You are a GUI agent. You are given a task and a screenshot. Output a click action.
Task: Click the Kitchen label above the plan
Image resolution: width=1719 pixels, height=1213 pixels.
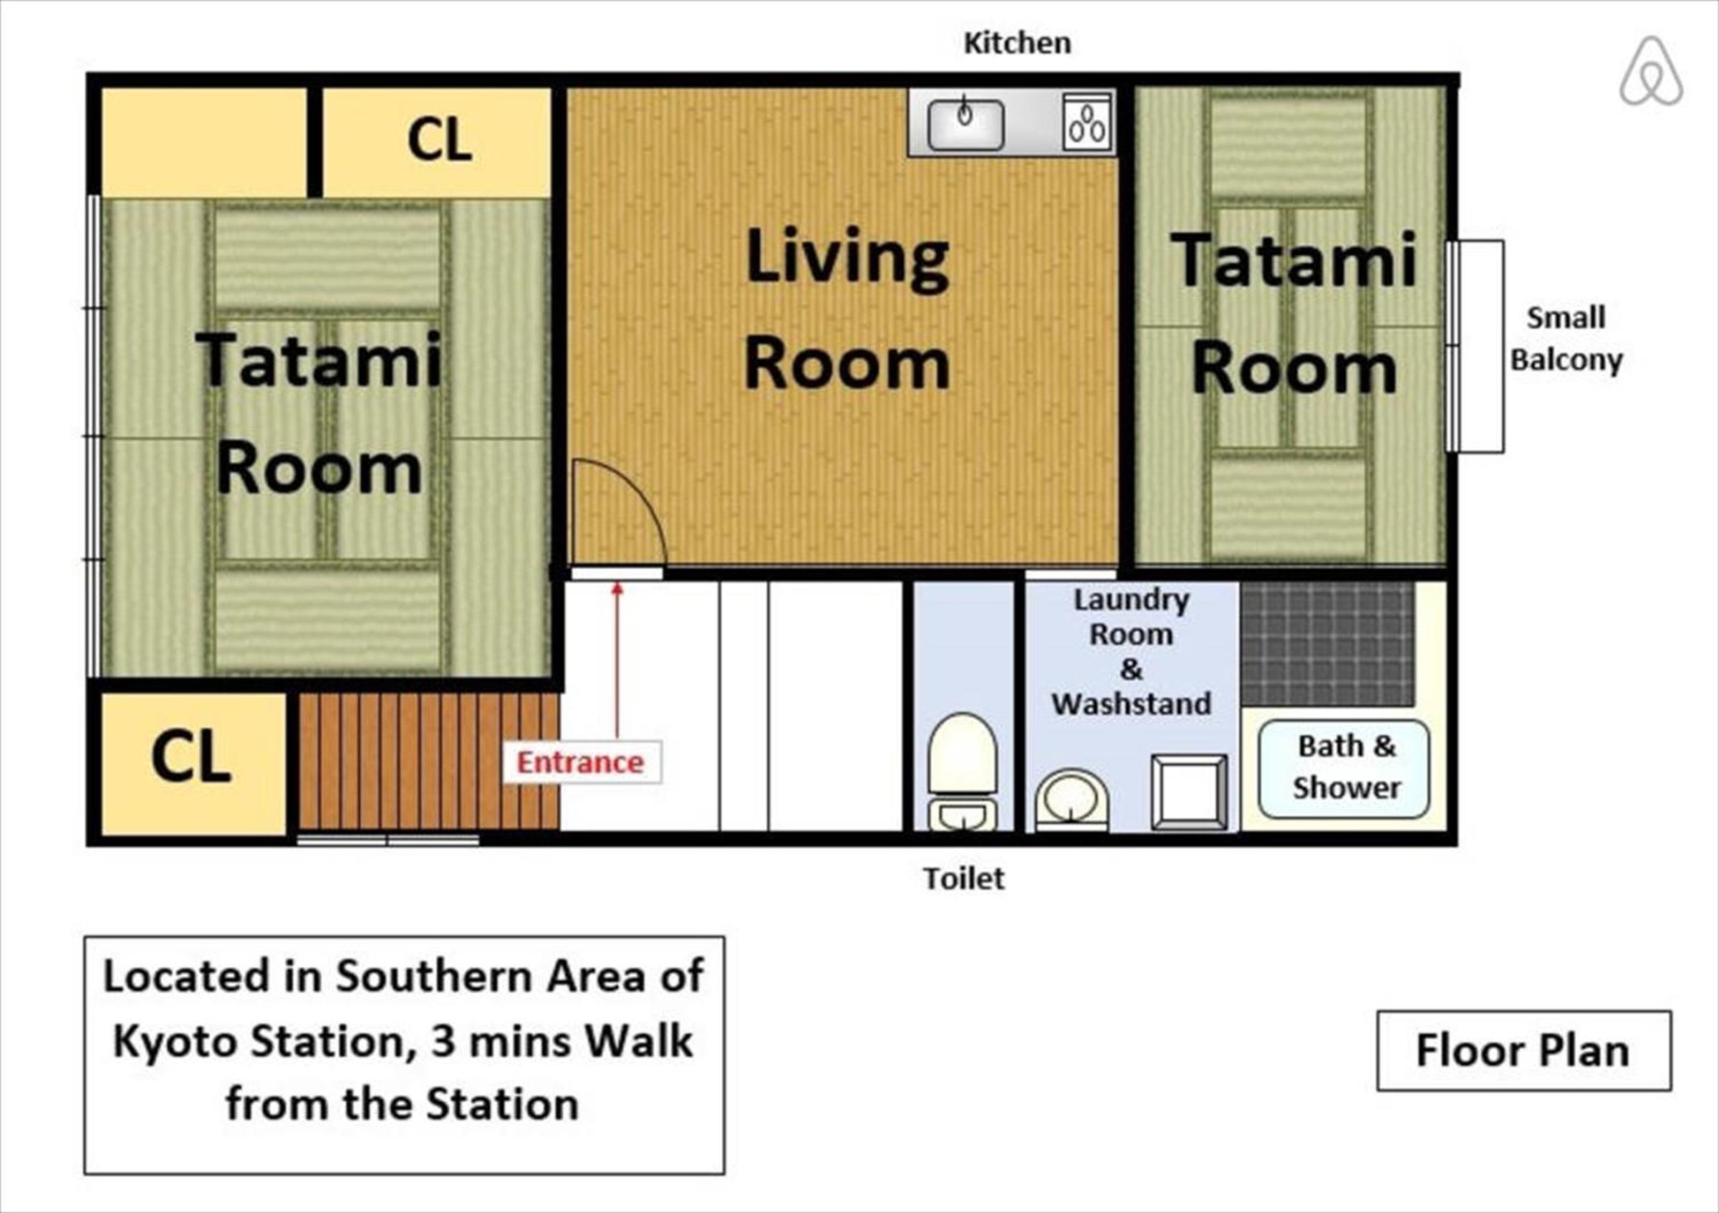(1017, 44)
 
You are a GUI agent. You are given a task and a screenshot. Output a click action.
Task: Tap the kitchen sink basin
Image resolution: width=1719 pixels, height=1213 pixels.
(966, 124)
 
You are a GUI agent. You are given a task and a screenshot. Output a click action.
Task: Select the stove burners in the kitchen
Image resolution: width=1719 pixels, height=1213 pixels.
(1087, 124)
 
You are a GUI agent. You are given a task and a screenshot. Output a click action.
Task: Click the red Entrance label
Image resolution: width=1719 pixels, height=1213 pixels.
(580, 762)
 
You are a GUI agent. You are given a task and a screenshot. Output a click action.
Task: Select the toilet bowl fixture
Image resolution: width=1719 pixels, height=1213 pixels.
(963, 772)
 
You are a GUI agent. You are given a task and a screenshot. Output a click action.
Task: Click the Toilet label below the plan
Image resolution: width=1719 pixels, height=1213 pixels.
(963, 878)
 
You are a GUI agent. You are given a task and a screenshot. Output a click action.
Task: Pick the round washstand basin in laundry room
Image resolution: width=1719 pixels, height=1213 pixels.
(1072, 800)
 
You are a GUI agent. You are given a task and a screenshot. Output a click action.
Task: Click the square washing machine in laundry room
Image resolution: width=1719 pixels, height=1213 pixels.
(1189, 792)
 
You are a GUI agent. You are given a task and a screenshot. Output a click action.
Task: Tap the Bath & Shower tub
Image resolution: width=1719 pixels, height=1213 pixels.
(1344, 769)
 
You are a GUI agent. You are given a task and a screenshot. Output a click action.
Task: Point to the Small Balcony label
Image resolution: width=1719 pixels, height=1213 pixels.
(1566, 338)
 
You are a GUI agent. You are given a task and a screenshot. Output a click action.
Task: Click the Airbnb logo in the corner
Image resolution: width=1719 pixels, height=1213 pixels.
(1651, 72)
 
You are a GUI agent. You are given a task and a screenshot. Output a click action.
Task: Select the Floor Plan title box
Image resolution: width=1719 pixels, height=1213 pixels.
(1523, 1050)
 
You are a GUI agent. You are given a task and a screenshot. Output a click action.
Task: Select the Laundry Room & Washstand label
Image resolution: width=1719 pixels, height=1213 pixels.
(1130, 651)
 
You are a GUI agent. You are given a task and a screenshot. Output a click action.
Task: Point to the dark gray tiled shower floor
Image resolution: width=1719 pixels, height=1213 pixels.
(1328, 643)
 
